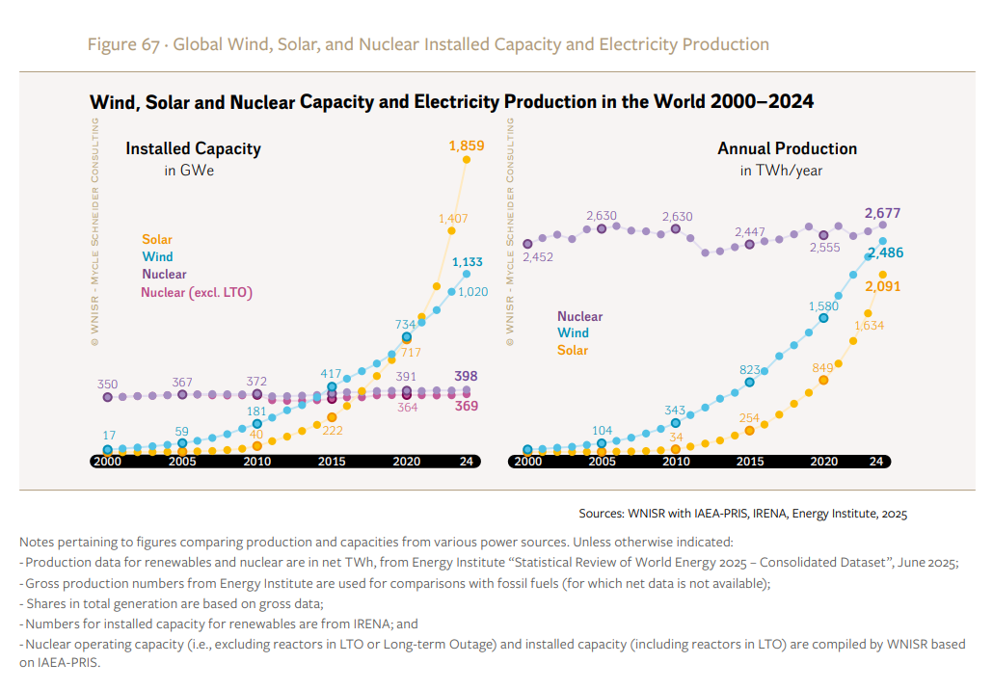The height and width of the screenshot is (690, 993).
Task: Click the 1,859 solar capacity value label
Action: tap(466, 146)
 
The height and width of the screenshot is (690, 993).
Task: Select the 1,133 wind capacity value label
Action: tap(467, 261)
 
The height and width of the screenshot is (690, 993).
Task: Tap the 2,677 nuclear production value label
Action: tap(883, 213)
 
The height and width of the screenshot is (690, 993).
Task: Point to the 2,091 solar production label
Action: tap(883, 286)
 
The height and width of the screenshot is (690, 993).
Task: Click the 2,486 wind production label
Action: tap(885, 253)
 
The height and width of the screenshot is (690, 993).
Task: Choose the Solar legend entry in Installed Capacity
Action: tap(157, 239)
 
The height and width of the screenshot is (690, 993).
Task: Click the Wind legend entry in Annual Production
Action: tap(573, 332)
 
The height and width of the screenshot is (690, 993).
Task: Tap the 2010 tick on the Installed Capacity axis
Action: tap(256, 462)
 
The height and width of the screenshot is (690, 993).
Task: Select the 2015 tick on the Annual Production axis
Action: tap(749, 462)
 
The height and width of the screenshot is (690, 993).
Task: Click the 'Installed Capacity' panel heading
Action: tap(193, 148)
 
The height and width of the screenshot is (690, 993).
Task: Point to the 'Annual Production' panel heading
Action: tap(787, 148)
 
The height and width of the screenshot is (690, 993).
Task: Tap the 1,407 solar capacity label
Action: tap(452, 219)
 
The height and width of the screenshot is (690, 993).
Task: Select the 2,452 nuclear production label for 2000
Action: tap(539, 257)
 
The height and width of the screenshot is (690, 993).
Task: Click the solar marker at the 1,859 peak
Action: tap(467, 160)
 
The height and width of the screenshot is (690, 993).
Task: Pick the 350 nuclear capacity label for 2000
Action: tap(108, 384)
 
